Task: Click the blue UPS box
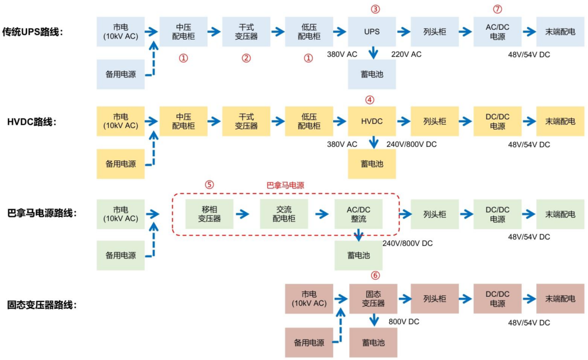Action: pos(372,32)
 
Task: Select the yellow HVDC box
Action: pos(372,121)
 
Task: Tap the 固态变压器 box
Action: pos(373,299)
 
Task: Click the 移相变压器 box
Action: pos(210,214)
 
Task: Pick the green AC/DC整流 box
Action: pos(358,214)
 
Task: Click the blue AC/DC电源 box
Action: pos(497,32)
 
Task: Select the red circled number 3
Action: pos(376,9)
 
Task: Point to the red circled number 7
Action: pos(498,9)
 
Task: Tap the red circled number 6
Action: pos(376,275)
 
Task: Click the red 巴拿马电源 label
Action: pos(285,185)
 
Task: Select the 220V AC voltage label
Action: pos(406,55)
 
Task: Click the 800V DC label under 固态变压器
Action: pos(404,322)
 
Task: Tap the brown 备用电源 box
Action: pos(309,343)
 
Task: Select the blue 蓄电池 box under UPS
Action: pos(372,75)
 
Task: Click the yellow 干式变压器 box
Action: pos(246,121)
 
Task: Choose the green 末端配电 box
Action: pos(560,214)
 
